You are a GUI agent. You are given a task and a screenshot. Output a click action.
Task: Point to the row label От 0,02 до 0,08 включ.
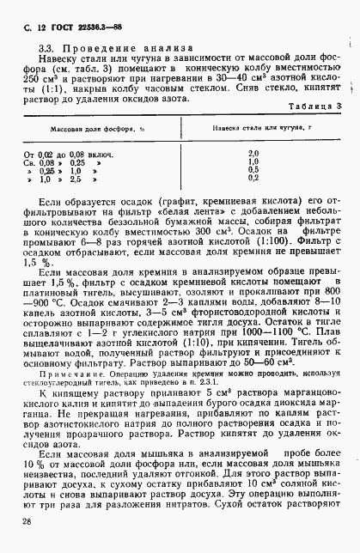pyautogui.click(x=64, y=152)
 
